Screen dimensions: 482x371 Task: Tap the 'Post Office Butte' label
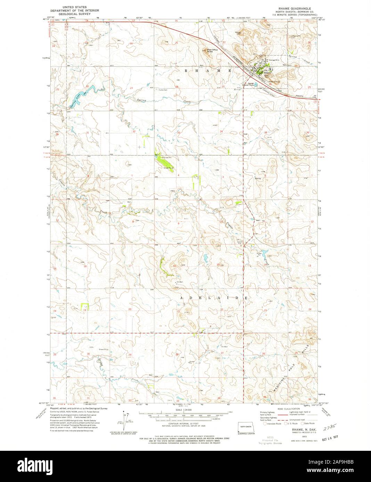click(212, 51)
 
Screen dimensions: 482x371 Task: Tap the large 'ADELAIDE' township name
click(213, 298)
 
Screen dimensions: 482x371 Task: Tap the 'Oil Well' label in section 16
click(180, 282)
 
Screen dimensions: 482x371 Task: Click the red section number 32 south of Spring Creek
click(133, 132)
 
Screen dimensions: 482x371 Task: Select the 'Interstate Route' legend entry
click(273, 423)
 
